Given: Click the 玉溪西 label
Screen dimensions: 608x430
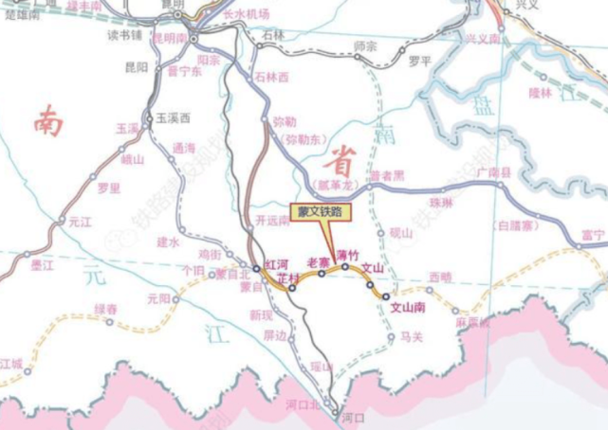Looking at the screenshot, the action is [x=174, y=117].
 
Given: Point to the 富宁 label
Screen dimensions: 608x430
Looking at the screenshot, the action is [x=593, y=233].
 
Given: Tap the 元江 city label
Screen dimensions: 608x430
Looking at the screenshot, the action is [x=80, y=222].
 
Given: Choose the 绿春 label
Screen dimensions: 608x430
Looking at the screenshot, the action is [x=105, y=309].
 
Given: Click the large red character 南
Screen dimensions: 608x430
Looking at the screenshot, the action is [x=46, y=120].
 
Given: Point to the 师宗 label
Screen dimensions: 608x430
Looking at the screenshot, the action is [x=365, y=45].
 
